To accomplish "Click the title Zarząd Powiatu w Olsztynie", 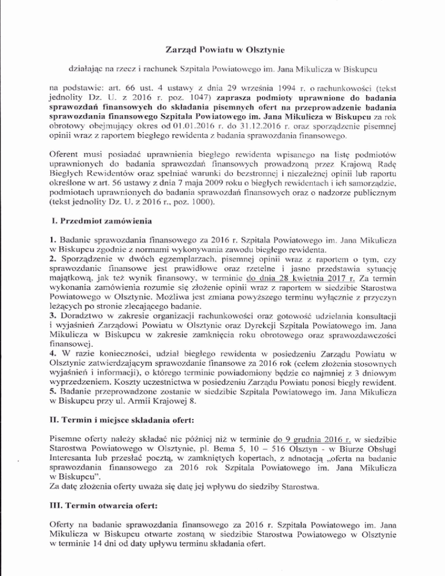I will click(x=222, y=34).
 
